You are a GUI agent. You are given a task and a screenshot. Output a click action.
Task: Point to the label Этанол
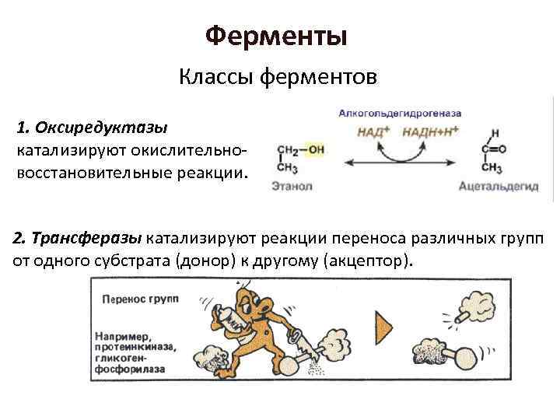[x=292, y=186]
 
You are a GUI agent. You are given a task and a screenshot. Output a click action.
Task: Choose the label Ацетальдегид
[x=499, y=186]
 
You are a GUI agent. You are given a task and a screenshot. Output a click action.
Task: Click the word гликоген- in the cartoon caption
[x=124, y=359]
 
